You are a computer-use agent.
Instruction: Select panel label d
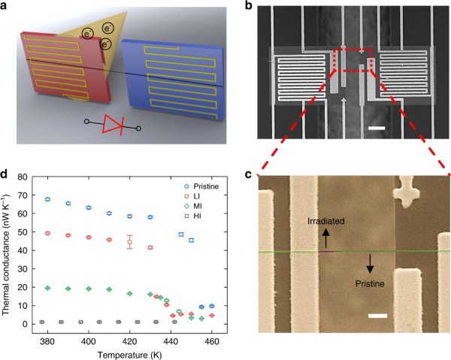(x=6, y=176)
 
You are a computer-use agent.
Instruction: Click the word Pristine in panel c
(x=353, y=285)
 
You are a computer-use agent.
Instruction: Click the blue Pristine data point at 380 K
(x=47, y=200)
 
